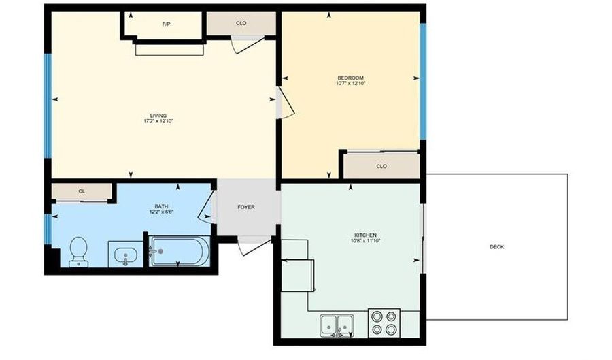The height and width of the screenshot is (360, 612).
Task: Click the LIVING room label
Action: click(x=158, y=116)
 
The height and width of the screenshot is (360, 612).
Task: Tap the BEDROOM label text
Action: click(x=350, y=78)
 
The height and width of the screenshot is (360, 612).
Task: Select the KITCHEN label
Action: click(x=365, y=235)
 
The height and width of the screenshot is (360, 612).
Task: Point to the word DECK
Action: click(x=496, y=247)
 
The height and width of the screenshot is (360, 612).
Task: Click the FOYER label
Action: click(x=245, y=207)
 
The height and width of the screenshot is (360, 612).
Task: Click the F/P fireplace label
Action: click(x=166, y=24)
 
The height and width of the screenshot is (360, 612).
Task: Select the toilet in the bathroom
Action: click(x=78, y=251)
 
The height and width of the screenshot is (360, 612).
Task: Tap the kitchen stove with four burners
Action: click(x=384, y=323)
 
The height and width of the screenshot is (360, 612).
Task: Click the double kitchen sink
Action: click(x=337, y=325)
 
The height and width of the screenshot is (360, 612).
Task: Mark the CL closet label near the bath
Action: click(x=82, y=191)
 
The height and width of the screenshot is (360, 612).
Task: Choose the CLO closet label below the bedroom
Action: click(x=381, y=166)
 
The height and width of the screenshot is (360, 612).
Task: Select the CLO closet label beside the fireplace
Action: click(x=241, y=24)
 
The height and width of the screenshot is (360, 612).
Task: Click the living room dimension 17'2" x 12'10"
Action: click(x=158, y=122)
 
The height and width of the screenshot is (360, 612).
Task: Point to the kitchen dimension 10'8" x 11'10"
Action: click(x=365, y=241)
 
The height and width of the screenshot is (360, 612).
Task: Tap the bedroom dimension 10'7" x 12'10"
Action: click(x=350, y=84)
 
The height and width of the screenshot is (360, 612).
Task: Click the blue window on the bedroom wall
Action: click(x=422, y=82)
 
